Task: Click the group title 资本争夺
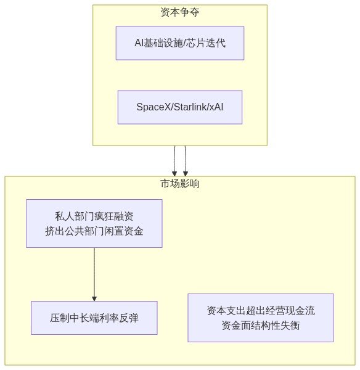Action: pos(180,12)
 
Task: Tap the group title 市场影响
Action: pos(180,184)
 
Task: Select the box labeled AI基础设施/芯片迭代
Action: pos(180,43)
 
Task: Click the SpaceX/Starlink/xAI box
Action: pos(180,107)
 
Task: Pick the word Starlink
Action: pos(190,107)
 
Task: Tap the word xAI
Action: pos(216,107)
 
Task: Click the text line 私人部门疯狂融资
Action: pos(94,216)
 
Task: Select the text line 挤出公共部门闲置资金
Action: pos(94,231)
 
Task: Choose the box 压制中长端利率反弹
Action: pos(94,318)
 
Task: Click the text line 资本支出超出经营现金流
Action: pos(261,311)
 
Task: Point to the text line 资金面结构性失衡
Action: pos(261,326)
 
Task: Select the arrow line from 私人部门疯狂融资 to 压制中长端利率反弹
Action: pos(94,274)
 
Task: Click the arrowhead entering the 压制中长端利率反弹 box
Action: pos(94,298)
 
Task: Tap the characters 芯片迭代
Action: pos(206,43)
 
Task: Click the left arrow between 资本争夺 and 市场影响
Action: pos(174,161)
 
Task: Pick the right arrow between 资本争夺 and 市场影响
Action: pos(186,161)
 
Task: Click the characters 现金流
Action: pos(300,311)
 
